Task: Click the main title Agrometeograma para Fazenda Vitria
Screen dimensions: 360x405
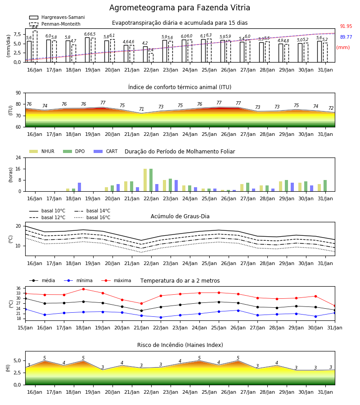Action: (180, 8)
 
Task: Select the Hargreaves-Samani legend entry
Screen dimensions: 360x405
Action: (57, 17)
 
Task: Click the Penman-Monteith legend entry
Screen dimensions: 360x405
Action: (55, 24)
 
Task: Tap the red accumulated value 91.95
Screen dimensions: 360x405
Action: (346, 27)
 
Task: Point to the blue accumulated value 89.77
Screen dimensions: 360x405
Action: (346, 37)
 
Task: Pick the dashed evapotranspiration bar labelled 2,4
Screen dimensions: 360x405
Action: (151, 58)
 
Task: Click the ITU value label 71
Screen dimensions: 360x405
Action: (141, 109)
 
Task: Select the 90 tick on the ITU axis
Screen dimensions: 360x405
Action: (18, 93)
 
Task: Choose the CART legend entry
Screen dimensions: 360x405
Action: (106, 151)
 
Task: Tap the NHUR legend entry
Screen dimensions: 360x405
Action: (42, 151)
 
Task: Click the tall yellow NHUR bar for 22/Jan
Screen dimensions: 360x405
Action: (145, 180)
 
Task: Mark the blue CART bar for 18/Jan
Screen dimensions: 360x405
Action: (80, 187)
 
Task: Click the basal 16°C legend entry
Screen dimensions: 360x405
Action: (92, 217)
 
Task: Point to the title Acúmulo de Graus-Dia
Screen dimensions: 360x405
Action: (180, 216)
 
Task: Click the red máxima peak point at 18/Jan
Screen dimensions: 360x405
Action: (83, 289)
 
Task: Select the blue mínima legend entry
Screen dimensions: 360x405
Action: (78, 280)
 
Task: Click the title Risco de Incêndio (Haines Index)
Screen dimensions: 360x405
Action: (180, 345)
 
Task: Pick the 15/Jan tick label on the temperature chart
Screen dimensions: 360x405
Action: (25, 328)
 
